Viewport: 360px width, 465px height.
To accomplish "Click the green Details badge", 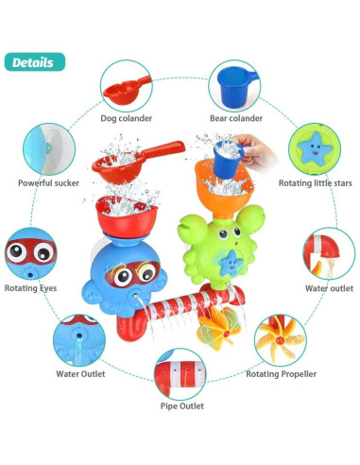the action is pos(34,63).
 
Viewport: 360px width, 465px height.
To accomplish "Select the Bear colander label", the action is pos(236,118).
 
